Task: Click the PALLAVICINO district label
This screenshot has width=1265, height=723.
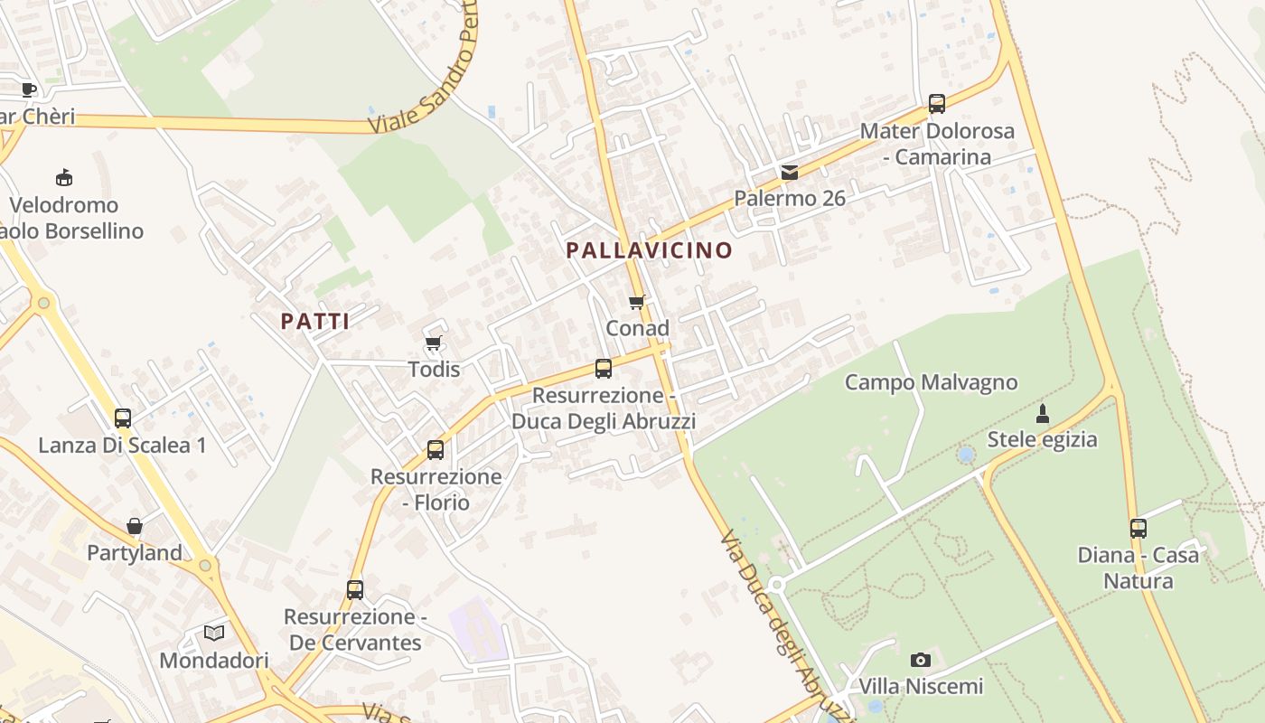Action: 649,250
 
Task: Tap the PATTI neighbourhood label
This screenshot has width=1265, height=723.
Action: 314,321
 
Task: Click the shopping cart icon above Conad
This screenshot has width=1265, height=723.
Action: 637,302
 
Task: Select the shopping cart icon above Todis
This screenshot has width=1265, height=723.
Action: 433,343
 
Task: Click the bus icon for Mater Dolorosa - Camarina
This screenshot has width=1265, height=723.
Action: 937,104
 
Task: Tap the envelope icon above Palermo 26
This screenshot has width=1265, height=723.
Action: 790,172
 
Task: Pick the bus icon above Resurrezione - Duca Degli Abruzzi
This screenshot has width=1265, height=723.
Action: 604,369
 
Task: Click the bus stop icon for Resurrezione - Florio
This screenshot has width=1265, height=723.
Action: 436,449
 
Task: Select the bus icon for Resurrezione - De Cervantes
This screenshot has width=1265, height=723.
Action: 355,590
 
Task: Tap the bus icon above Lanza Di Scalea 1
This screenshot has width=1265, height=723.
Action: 123,418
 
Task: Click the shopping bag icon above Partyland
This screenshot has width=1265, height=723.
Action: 135,526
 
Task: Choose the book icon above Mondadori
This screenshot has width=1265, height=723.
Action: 214,633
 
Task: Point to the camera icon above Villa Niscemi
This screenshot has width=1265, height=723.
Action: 921,660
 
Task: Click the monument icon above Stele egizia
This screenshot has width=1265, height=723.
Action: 1043,414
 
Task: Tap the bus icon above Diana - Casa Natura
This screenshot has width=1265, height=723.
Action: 1138,528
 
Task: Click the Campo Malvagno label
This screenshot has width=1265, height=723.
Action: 931,382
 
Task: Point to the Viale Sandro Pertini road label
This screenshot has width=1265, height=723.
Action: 425,72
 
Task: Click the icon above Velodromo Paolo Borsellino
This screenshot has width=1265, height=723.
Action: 64,177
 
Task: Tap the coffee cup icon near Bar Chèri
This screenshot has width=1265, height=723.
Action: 29,89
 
